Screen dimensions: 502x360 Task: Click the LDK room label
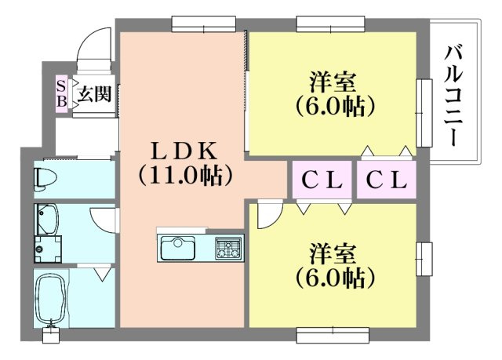coord(184,151)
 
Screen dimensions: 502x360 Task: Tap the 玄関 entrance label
coord(95,94)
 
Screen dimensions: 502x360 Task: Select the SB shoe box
coord(61,93)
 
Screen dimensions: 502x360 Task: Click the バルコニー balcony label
coord(453,96)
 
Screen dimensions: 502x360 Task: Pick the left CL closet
coord(322,180)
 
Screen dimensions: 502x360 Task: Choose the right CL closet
coord(387,180)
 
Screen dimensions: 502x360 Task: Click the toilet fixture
coord(44,179)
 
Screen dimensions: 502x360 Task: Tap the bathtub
coord(51,298)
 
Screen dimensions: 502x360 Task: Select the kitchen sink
coord(178,248)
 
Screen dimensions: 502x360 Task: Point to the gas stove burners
coord(228,248)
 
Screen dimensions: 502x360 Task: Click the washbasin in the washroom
coord(46,219)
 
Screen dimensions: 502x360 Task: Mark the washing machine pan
coord(48,249)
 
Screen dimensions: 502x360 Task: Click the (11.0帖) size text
coord(185,176)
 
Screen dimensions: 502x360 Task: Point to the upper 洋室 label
coord(333,82)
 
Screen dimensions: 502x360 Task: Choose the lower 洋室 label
coord(333,253)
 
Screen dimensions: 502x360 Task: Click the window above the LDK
coord(204,24)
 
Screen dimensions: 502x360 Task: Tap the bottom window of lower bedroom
coord(333,334)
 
